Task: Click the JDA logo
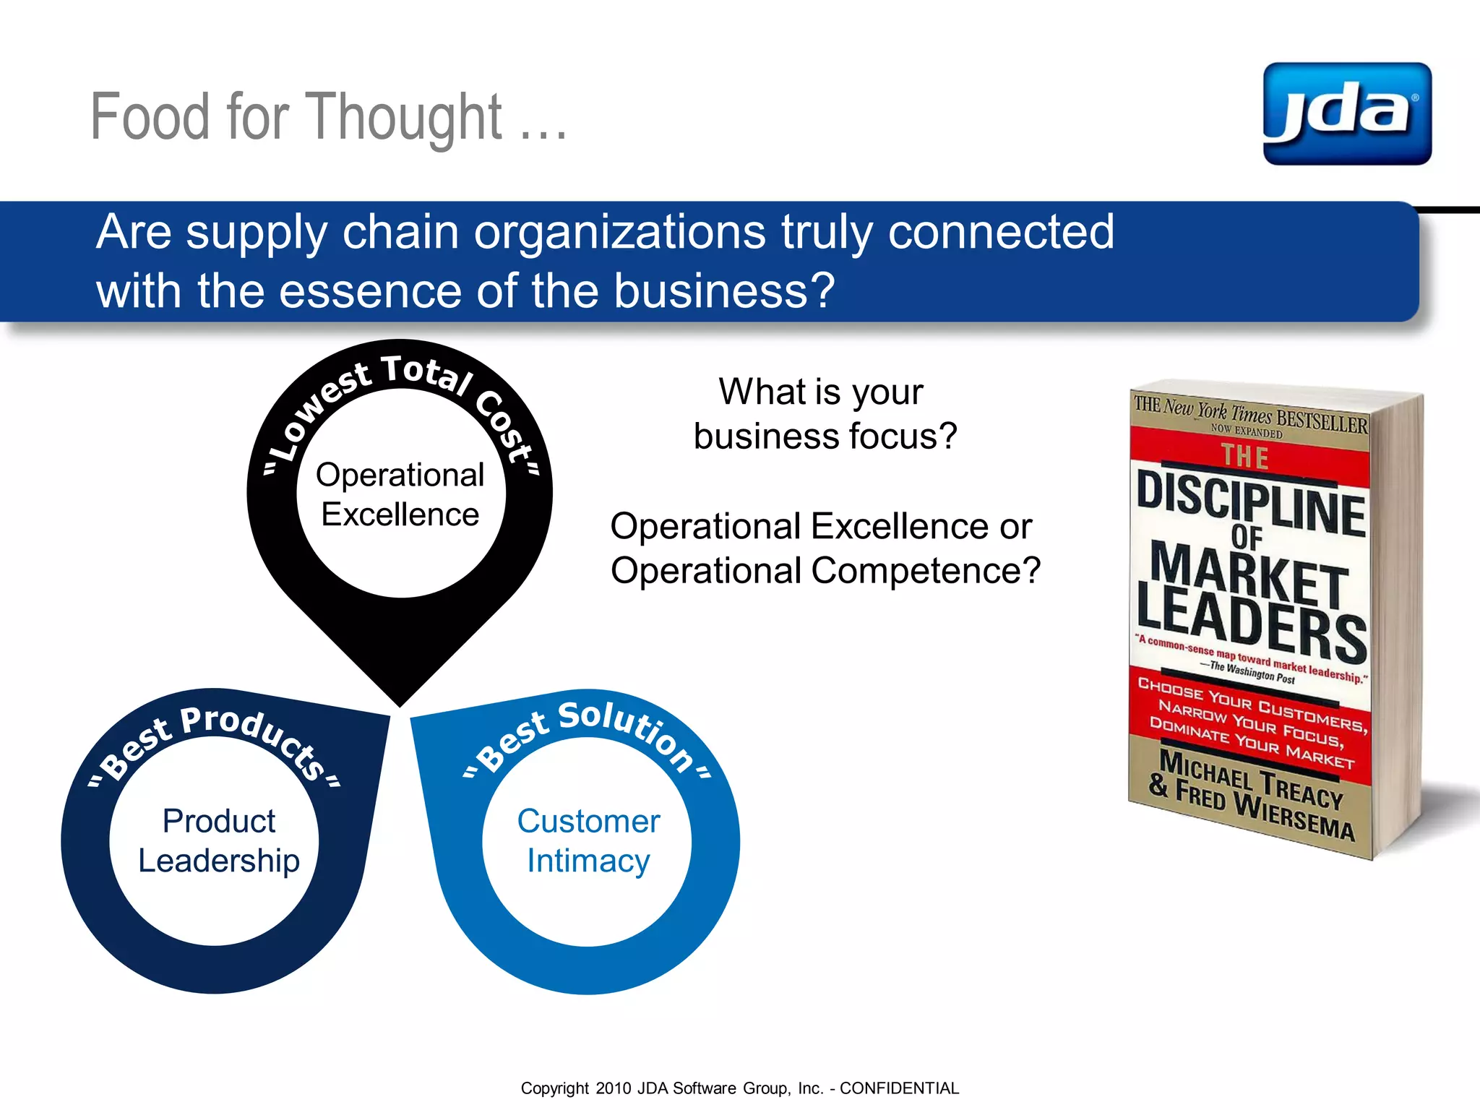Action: point(1346,113)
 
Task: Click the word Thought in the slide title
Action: point(407,117)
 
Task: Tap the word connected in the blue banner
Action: point(1001,232)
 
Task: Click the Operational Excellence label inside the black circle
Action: point(400,495)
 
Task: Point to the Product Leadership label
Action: point(218,840)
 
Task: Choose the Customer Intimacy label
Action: point(588,840)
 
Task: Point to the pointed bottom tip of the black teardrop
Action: point(400,702)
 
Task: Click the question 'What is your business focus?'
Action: point(825,413)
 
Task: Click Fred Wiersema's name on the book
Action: point(1265,813)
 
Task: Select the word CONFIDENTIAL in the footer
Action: point(899,1088)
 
